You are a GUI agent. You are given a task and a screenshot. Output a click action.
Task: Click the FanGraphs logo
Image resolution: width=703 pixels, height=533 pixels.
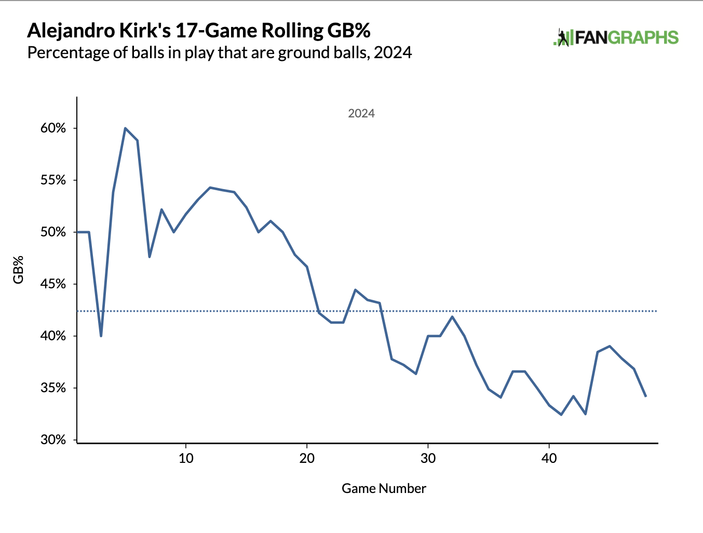coord(616,38)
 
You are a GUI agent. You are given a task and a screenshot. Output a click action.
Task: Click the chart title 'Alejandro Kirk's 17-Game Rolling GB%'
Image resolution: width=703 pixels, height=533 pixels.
coord(199,31)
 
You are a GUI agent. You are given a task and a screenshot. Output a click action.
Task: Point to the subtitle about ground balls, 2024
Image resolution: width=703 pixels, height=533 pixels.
coord(220,52)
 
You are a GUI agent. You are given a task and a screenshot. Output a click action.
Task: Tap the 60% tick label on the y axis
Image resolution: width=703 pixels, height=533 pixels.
coord(53,128)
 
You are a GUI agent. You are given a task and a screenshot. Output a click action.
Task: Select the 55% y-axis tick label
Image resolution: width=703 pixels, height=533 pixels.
coord(53,180)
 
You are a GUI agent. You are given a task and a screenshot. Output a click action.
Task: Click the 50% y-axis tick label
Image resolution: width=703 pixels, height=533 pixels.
coord(53,232)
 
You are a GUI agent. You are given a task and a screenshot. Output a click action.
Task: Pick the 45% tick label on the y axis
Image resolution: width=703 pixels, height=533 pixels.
coord(53,284)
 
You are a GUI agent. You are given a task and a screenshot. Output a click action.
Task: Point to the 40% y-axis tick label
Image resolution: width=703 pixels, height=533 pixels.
coord(53,336)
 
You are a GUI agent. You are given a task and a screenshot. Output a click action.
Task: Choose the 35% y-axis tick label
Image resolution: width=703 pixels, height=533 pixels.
coord(53,388)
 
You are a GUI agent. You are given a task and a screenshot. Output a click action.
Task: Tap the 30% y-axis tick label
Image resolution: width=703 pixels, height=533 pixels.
coord(53,440)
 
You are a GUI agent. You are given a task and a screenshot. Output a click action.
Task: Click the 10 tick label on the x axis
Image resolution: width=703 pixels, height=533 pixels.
coord(186,458)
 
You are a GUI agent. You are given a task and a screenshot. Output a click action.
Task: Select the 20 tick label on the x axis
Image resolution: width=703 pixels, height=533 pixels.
coord(307,458)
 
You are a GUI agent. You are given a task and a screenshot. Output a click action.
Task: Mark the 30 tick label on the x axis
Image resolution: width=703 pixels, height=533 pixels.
coord(428,458)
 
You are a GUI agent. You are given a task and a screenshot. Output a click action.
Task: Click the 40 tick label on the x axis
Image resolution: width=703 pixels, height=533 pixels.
coord(549,458)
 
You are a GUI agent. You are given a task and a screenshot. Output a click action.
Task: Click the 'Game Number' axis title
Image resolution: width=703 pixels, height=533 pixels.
coord(384,488)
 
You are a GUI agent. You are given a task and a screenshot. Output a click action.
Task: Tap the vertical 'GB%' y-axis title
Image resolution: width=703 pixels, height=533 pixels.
coord(19,269)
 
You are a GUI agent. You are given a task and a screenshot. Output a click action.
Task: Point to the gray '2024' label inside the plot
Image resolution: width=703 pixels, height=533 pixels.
coord(361,113)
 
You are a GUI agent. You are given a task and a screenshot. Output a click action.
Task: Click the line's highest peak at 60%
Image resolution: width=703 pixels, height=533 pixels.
coord(125,128)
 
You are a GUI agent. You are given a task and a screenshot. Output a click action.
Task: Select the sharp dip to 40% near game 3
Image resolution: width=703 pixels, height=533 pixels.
coord(101,336)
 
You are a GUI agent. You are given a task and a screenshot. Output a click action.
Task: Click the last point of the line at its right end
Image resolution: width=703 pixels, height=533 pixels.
coord(645,396)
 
